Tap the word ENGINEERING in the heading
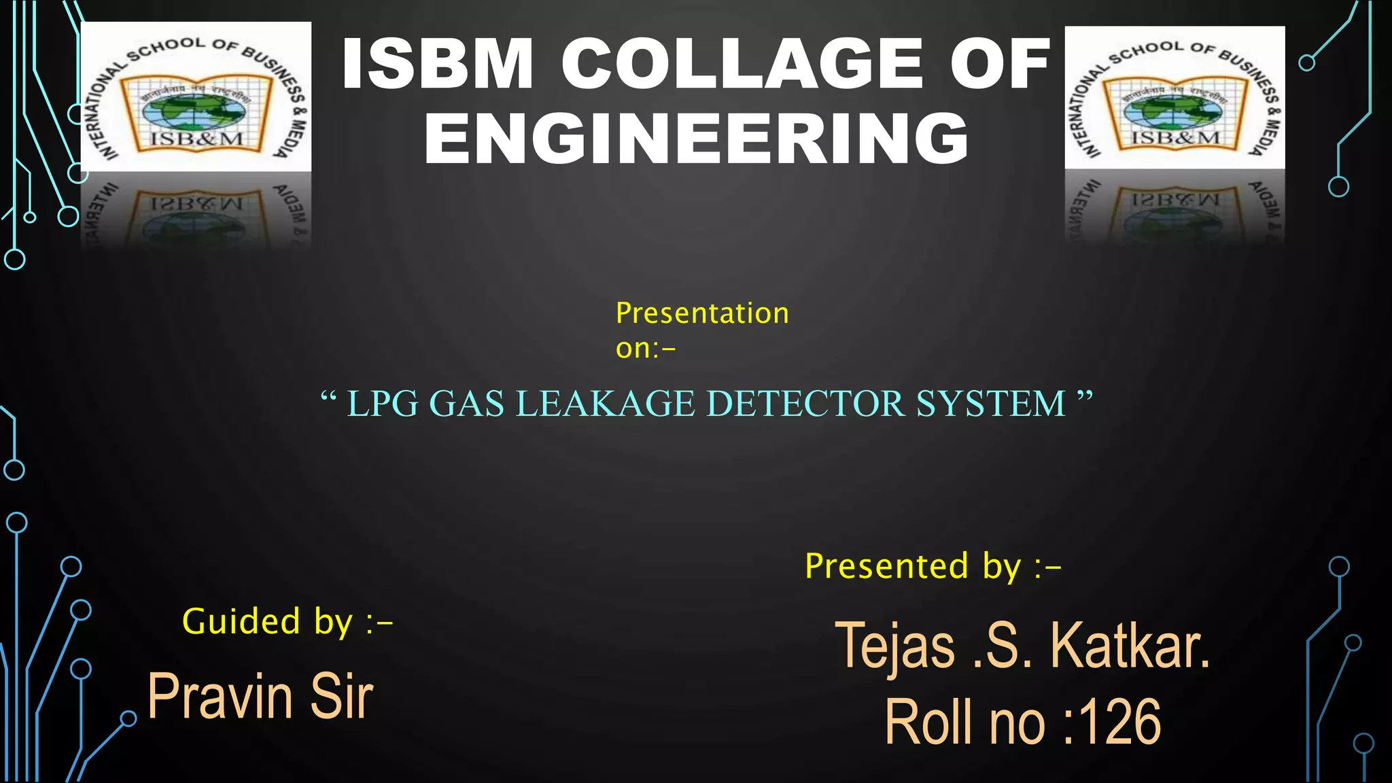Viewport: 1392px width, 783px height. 697,139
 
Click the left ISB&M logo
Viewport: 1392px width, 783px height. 196,97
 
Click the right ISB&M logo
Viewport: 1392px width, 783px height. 1174,98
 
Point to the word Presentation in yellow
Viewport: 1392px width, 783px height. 702,313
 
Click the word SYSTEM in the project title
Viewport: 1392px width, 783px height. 990,404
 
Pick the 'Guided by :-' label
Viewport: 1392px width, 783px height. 288,621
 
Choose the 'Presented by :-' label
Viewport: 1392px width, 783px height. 933,566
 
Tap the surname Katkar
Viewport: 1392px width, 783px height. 1130,646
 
